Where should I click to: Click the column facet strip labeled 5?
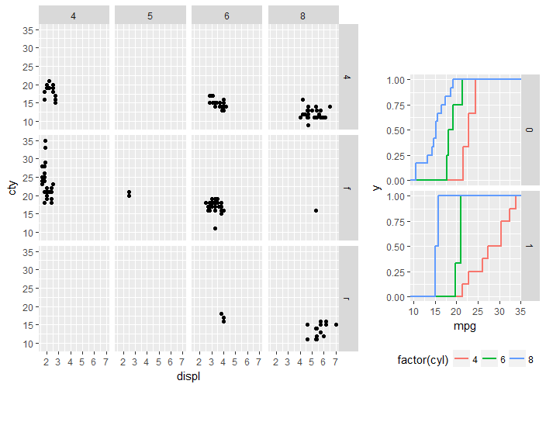pos(149,16)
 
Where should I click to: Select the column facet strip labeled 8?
pos(303,16)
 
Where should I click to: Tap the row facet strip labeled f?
pos(347,187)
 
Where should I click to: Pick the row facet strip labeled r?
pos(347,298)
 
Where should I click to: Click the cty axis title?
pos(12,187)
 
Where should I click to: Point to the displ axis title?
pos(188,376)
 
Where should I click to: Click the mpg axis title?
pos(465,327)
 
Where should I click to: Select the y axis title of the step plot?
pos(376,187)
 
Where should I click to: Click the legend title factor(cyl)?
pos(423,360)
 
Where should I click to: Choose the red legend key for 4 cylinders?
pos(461,360)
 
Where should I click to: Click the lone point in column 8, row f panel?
pos(316,210)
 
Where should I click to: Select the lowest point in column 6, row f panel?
pos(215,228)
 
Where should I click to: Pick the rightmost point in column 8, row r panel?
pos(336,325)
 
